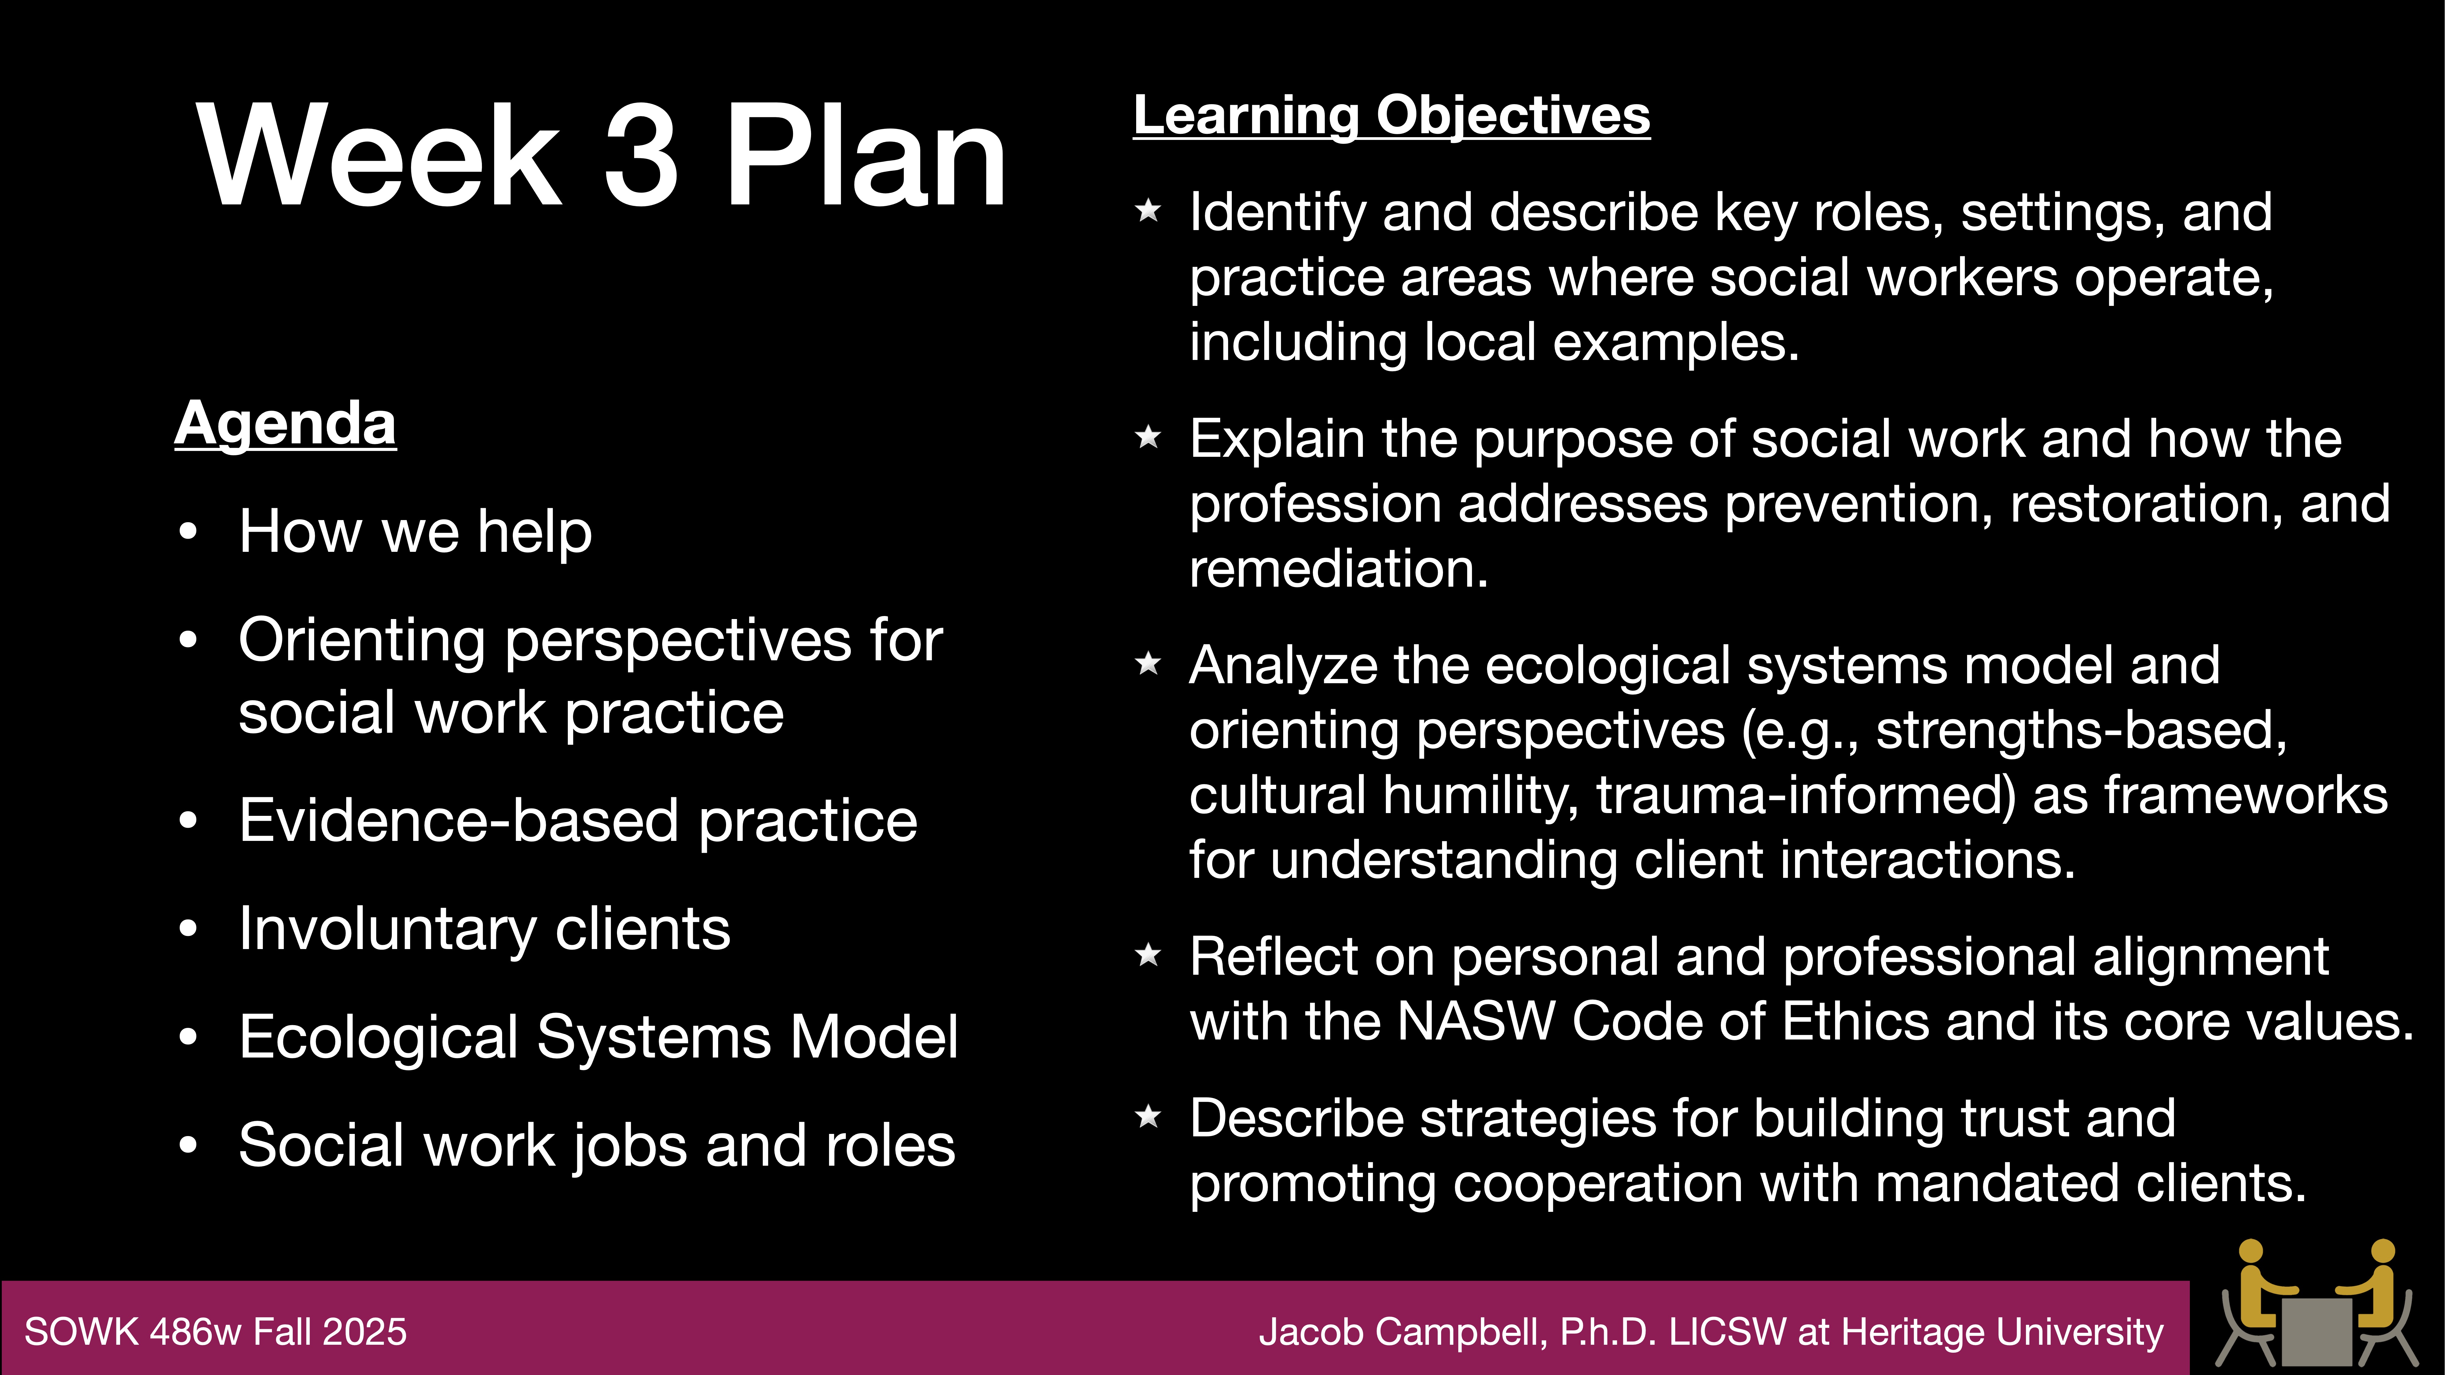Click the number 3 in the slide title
[x=642, y=156]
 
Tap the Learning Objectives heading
[x=1391, y=116]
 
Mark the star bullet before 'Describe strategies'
[x=1148, y=1117]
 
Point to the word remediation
[x=1338, y=569]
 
